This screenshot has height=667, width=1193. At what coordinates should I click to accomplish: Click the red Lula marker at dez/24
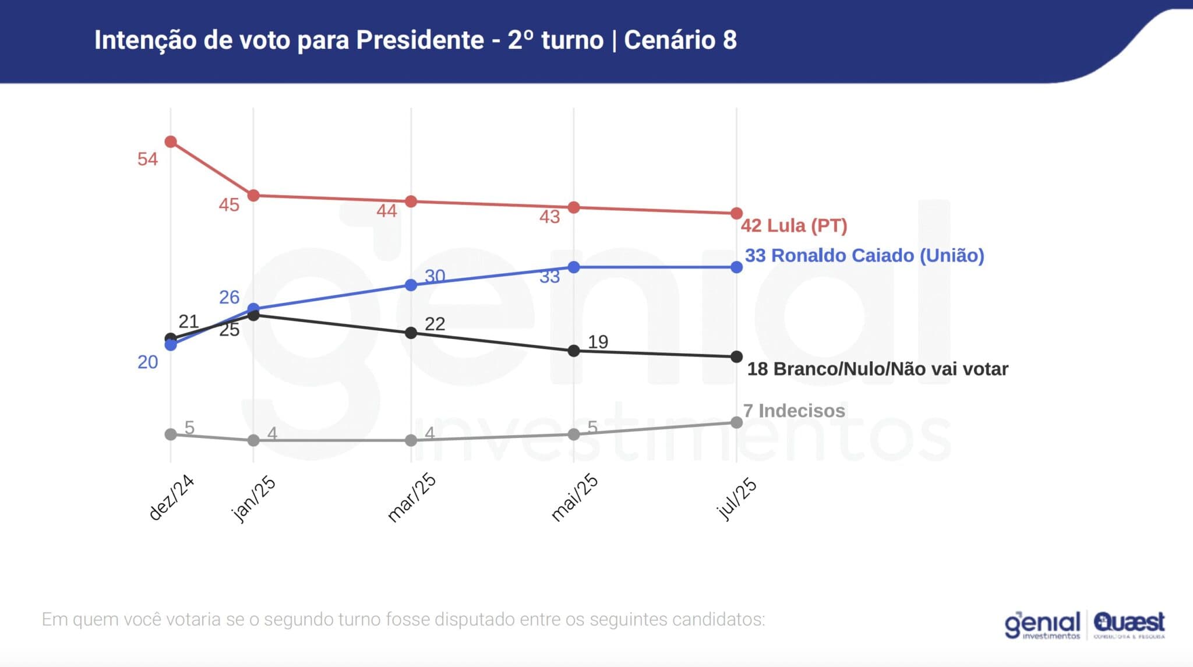point(171,142)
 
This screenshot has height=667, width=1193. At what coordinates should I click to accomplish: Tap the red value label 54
point(147,159)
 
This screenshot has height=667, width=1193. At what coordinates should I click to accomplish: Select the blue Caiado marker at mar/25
point(411,285)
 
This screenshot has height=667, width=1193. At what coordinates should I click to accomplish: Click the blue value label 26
point(229,297)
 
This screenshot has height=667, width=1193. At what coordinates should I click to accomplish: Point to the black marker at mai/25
point(574,351)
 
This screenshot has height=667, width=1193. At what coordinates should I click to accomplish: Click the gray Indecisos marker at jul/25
point(736,422)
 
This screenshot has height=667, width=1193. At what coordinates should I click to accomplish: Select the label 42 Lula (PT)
point(793,225)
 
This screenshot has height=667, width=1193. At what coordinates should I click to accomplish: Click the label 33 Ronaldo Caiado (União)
point(864,255)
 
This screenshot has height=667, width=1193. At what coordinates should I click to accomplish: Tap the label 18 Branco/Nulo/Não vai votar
point(877,369)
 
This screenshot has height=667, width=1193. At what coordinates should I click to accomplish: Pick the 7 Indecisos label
point(794,411)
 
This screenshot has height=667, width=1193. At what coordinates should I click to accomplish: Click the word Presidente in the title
point(419,40)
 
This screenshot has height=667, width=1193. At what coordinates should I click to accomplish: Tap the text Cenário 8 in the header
point(680,40)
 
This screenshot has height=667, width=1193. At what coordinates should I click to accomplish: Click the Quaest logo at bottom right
point(1129,624)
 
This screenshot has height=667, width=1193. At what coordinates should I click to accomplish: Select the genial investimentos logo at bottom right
point(1043,625)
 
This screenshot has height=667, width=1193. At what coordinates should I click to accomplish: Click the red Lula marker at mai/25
point(574,207)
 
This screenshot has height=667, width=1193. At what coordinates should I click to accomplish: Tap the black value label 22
point(435,324)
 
